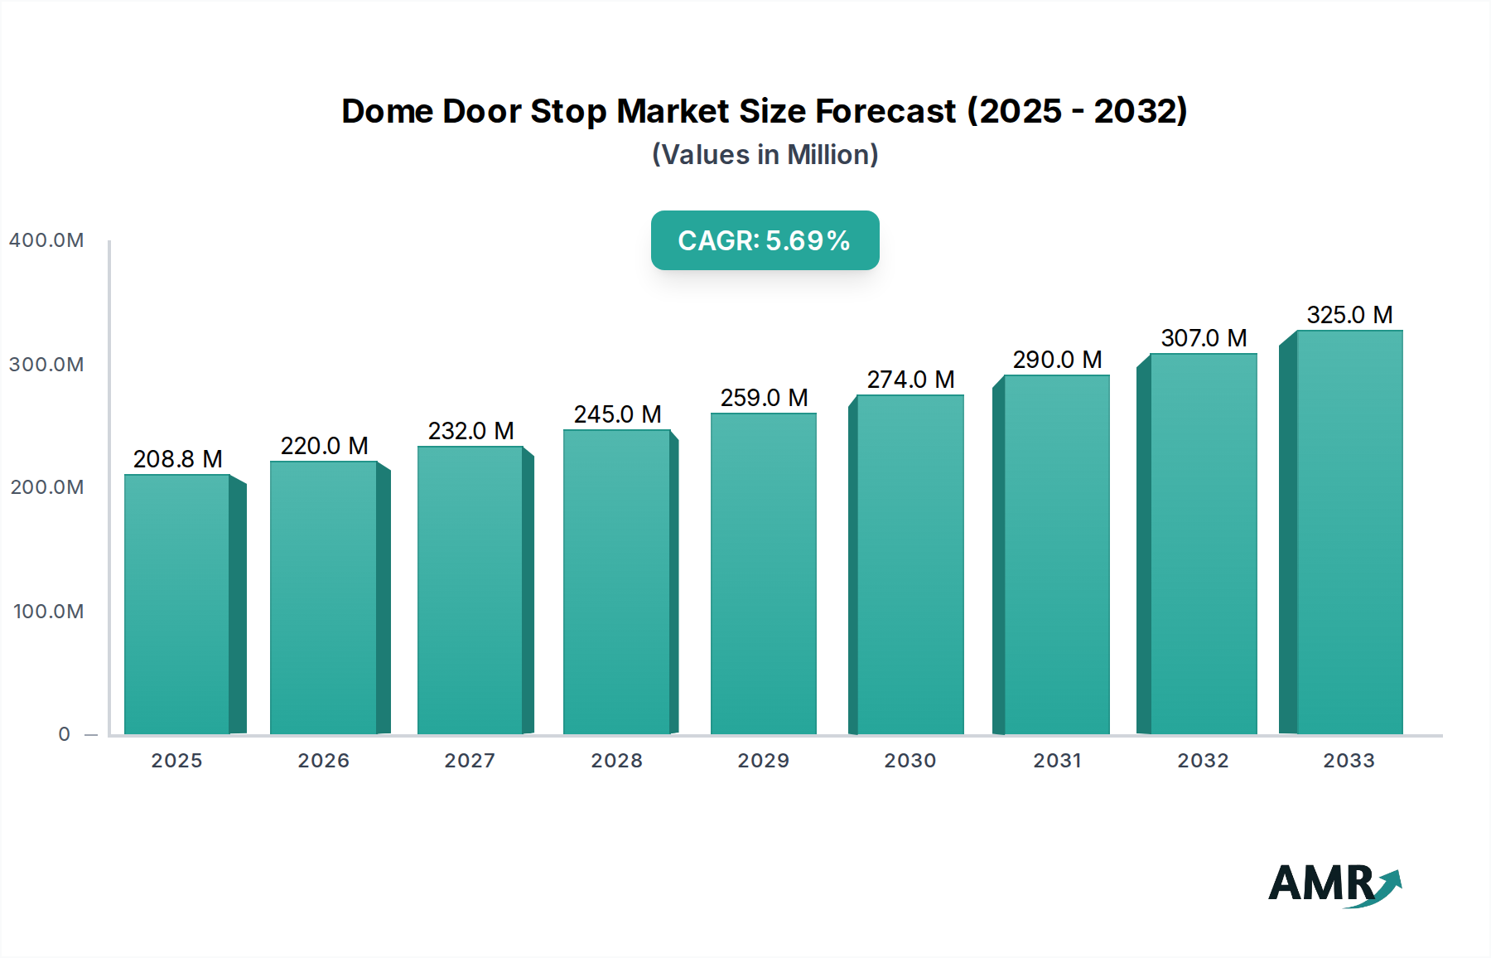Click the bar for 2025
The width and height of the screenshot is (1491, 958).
[177, 605]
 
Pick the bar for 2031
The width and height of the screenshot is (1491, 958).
[1056, 555]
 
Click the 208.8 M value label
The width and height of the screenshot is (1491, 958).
[177, 459]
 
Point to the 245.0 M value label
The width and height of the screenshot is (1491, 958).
[617, 414]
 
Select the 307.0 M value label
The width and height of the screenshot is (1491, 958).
[1204, 338]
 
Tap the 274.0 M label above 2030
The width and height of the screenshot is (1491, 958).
[910, 380]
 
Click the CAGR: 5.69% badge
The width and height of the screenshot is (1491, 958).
[765, 240]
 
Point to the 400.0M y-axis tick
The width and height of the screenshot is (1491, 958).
[46, 240]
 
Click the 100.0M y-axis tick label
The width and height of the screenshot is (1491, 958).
[48, 612]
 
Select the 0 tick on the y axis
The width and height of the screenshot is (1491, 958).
[64, 734]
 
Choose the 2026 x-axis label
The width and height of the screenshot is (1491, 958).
[323, 761]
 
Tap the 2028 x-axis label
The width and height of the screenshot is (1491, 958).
[616, 761]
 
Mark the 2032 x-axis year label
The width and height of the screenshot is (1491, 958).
[1203, 761]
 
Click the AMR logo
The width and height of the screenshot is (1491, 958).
[1334, 884]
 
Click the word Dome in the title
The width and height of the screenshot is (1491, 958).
[387, 111]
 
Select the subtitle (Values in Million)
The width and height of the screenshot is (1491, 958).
[765, 155]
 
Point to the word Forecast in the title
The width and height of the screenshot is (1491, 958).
[885, 111]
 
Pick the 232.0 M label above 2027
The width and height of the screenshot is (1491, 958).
[470, 431]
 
